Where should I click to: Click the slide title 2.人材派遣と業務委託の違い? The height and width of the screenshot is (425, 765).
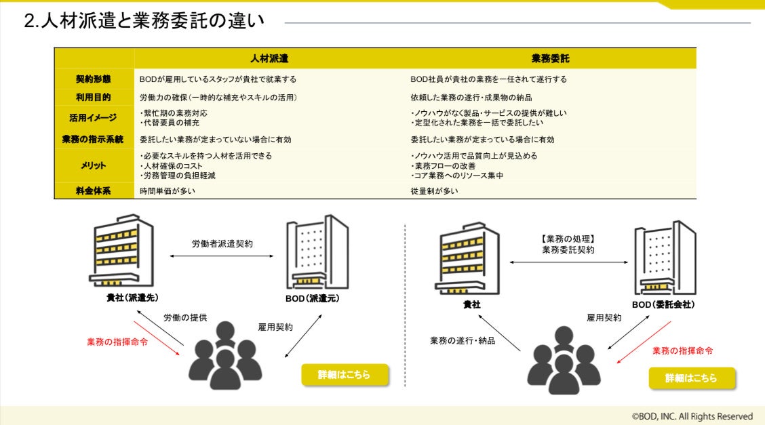[x=144, y=21]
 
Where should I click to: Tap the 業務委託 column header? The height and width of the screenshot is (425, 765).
[x=551, y=59]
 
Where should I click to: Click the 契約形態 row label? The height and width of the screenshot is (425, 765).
[x=94, y=79]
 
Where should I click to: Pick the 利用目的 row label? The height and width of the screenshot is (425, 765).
[x=94, y=98]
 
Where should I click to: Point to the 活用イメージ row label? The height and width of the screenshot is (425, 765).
[x=94, y=118]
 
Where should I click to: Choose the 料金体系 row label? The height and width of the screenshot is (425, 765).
[x=94, y=191]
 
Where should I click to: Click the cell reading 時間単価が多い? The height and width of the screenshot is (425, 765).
[x=168, y=191]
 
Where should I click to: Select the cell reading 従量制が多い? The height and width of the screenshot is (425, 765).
[x=434, y=191]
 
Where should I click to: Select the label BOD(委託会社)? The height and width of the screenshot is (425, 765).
[x=663, y=305]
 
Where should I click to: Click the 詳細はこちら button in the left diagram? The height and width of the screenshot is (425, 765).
[x=345, y=375]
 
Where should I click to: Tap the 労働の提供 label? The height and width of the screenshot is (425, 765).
[x=185, y=317]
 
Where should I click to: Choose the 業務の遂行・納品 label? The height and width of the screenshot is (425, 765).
[x=463, y=340]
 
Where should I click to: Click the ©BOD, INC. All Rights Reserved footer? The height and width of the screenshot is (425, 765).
[x=692, y=416]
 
